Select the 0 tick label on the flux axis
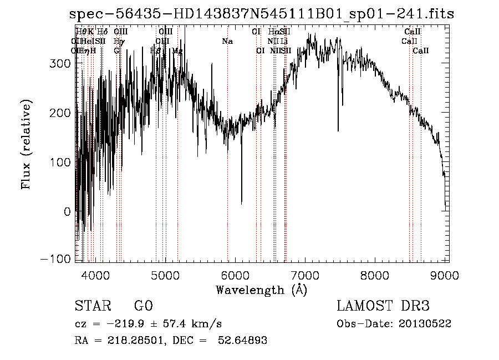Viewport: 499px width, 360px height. tap(67, 211)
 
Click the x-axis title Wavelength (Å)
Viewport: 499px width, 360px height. tap(261, 290)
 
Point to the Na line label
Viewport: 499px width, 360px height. tap(227, 41)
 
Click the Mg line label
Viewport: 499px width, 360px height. tap(177, 50)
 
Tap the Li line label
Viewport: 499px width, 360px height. tap(284, 41)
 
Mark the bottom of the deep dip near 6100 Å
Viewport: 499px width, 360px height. tap(241, 203)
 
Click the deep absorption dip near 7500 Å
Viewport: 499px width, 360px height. tap(338, 130)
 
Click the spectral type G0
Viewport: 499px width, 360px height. tap(143, 306)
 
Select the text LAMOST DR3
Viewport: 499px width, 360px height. tap(383, 306)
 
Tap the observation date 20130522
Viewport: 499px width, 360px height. tap(425, 323)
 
